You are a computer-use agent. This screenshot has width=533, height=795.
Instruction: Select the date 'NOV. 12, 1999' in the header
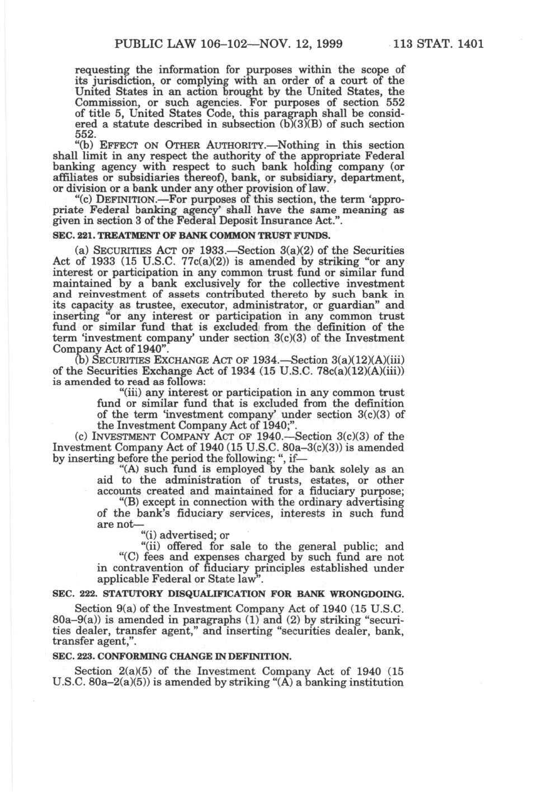[x=305, y=44]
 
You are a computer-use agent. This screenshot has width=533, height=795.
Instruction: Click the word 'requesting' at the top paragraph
[x=101, y=70]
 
